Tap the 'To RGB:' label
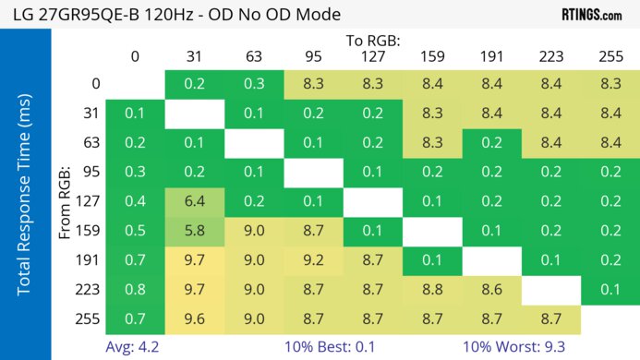click(x=372, y=41)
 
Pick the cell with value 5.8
click(x=194, y=230)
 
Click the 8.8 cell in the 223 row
click(x=432, y=290)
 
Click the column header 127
click(x=372, y=56)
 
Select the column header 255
click(x=610, y=56)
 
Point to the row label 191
click(x=88, y=261)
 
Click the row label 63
click(x=90, y=142)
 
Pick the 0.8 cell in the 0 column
click(x=135, y=290)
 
